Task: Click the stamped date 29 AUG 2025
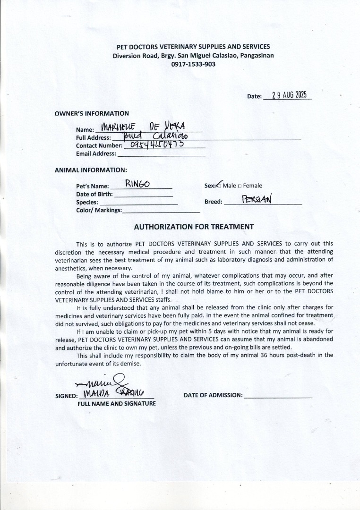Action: [290, 95]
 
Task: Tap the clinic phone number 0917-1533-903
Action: [193, 64]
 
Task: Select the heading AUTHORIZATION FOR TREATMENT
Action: [194, 227]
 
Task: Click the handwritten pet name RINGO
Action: [137, 184]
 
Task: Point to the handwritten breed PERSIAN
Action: [257, 199]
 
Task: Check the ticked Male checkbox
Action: [219, 186]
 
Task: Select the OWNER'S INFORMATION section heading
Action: [92, 113]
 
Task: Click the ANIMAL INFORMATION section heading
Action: [91, 170]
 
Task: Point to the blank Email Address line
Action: [161, 154]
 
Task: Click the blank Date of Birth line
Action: [144, 195]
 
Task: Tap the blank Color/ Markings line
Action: [161, 211]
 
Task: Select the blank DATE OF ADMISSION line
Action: [278, 396]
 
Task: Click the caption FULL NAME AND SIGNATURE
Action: [117, 404]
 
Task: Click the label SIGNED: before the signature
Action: [67, 396]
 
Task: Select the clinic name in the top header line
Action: [193, 47]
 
